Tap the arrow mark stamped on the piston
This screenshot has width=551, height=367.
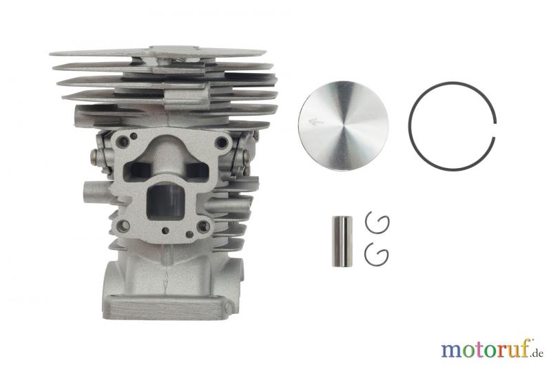tap(315, 122)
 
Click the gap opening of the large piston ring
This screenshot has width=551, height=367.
tap(495, 129)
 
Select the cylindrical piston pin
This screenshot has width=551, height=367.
tap(342, 241)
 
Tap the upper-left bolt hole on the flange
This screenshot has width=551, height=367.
tap(124, 142)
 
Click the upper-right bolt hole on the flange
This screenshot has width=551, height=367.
tap(222, 143)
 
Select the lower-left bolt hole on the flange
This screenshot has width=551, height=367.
tap(123, 226)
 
